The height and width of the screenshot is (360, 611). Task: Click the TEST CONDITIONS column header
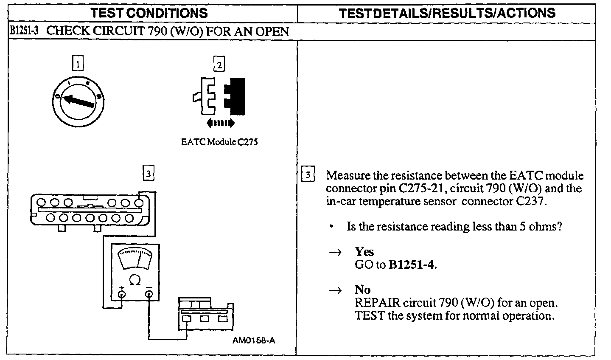(149, 13)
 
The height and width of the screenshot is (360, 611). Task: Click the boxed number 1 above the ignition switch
(78, 65)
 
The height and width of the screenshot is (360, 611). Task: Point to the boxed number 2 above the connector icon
(219, 65)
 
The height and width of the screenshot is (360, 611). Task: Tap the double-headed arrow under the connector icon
(220, 124)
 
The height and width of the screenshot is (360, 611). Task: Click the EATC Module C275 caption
(219, 142)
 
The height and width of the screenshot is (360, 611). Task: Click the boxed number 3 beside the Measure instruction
(308, 175)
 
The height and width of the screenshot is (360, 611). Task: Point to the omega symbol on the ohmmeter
(135, 280)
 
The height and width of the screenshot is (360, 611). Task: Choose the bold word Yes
(364, 252)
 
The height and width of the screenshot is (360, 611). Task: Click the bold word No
(363, 290)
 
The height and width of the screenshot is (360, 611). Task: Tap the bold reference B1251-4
(412, 265)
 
